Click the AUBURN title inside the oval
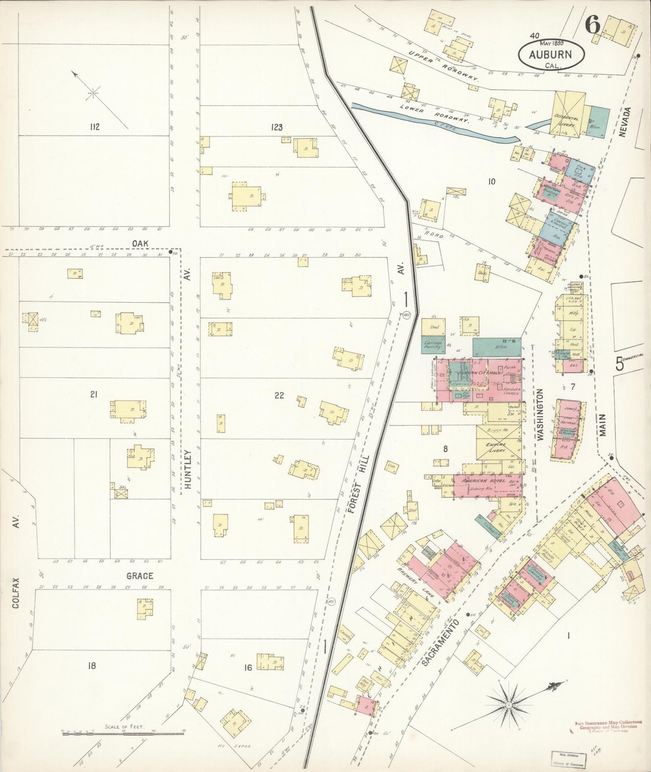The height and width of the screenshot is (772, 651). coord(550,55)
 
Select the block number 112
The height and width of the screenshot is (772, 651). coord(94,127)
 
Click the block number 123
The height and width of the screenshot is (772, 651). coord(277,127)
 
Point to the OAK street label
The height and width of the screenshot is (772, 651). coord(140,244)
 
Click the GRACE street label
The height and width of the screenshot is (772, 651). coord(139,576)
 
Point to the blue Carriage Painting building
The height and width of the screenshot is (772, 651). coord(433,345)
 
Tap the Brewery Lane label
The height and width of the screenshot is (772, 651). coord(416,582)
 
